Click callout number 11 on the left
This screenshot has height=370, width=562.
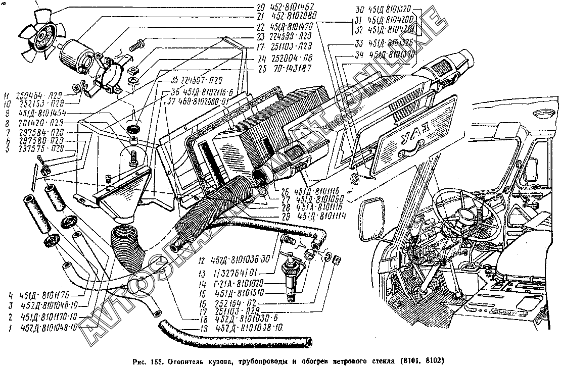tap(7, 95)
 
